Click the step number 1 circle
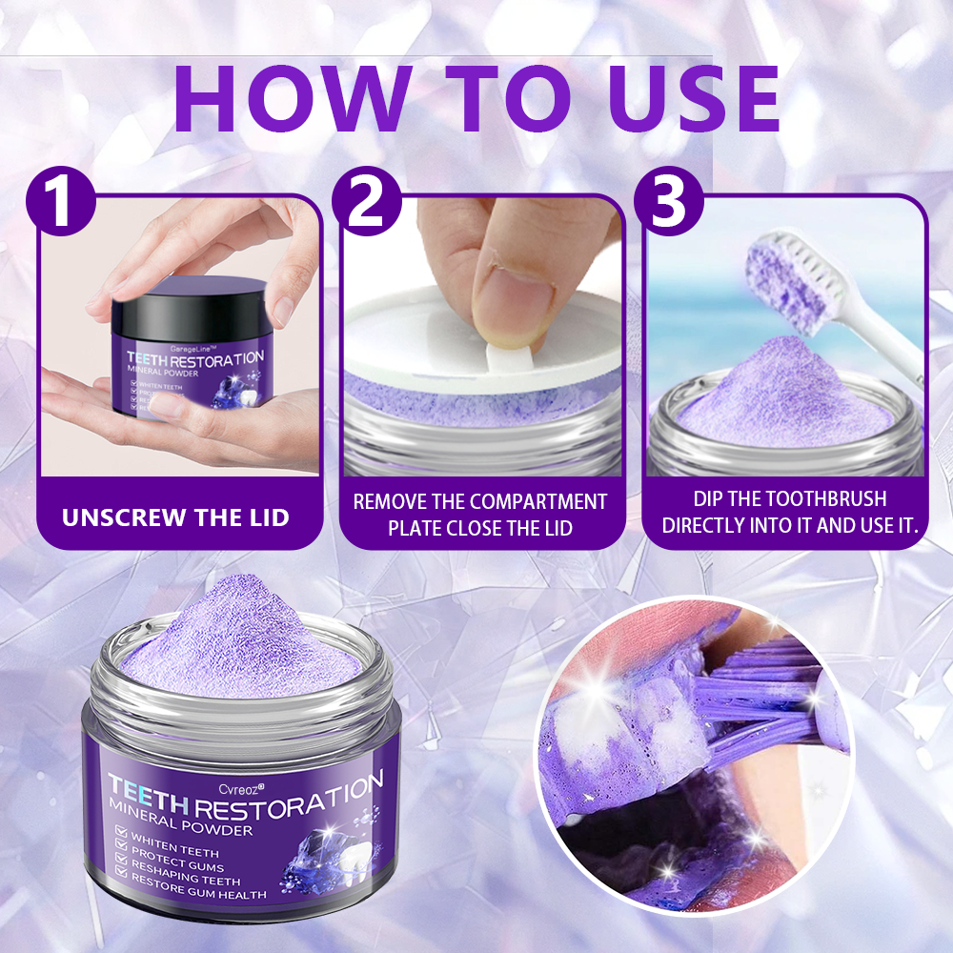coord(62,201)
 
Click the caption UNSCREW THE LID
coord(175,517)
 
